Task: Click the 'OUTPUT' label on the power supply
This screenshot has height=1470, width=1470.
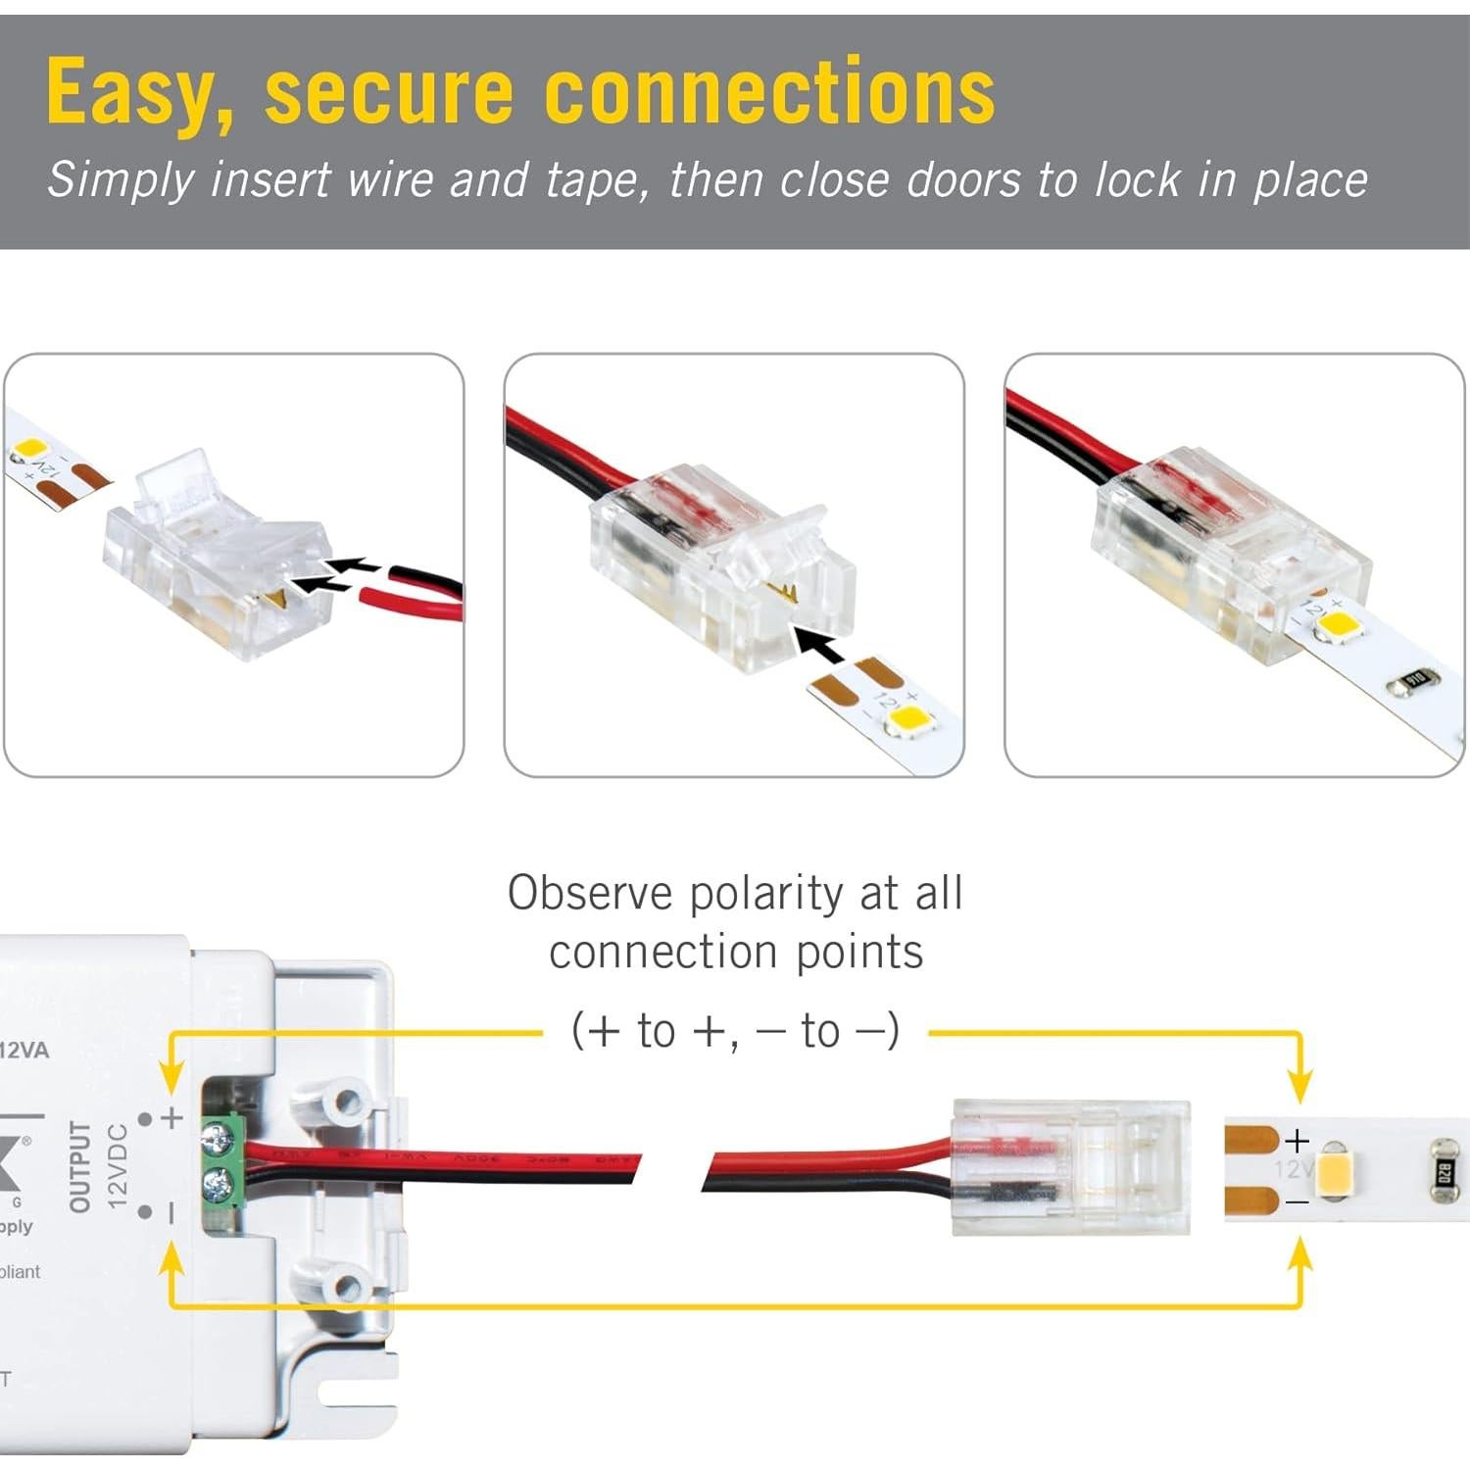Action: pos(80,1167)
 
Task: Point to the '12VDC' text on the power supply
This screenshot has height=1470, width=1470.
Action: pos(117,1166)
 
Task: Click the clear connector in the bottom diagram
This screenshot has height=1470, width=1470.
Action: pos(1071,1166)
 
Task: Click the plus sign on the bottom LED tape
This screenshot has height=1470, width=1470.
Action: pos(1297,1141)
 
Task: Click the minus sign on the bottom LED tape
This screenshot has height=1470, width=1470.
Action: pos(1297,1202)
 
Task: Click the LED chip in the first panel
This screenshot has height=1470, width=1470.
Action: pos(28,451)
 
